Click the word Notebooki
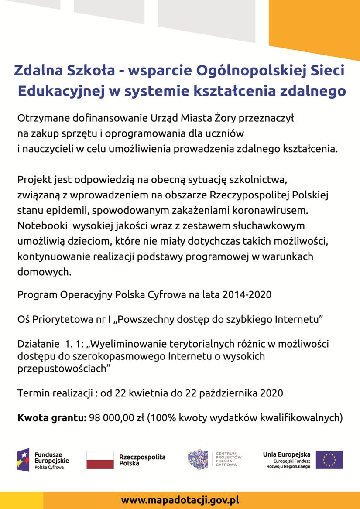pyautogui.click(x=41, y=226)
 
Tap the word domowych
pyautogui.click(x=43, y=272)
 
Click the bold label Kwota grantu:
pyautogui.click(x=51, y=418)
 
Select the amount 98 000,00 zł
pyautogui.click(x=117, y=418)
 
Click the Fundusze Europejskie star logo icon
pyautogui.click(x=23, y=460)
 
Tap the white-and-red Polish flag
pyautogui.click(x=100, y=460)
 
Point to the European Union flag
pyautogui.click(x=329, y=460)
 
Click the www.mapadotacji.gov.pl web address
pyautogui.click(x=180, y=500)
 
